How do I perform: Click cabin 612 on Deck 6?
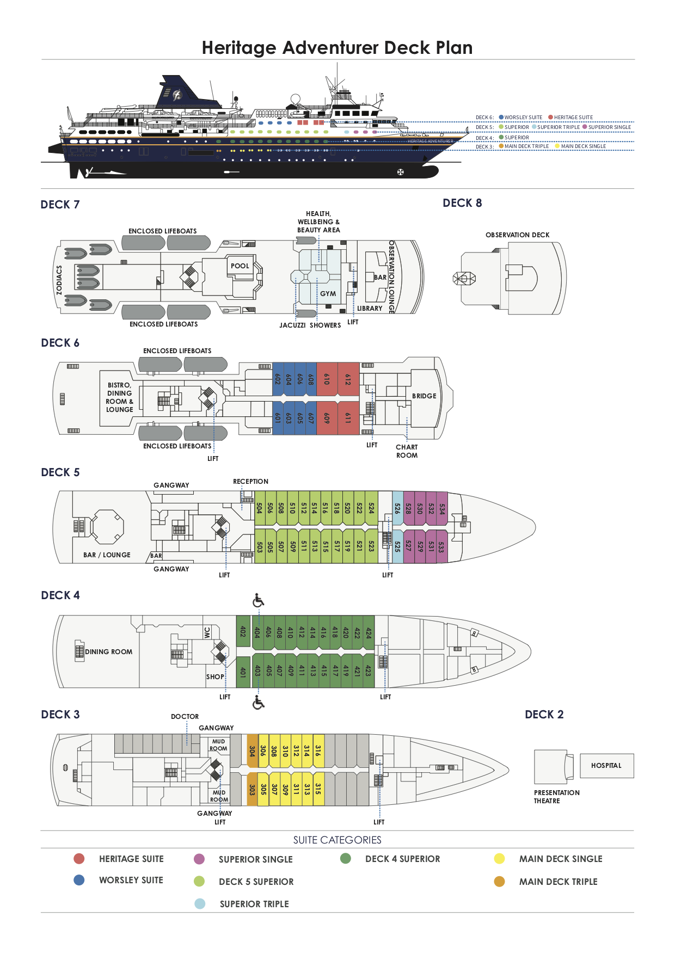348,379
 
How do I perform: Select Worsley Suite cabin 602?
278,379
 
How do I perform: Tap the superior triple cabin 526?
397,508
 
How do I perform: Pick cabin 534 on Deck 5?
442,508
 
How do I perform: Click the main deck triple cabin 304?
252,750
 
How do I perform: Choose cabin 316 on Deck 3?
318,750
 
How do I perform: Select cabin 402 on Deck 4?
243,631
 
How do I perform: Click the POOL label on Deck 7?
240,266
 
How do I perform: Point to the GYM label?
328,294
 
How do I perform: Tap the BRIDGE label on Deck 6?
424,396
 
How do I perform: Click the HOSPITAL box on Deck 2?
606,766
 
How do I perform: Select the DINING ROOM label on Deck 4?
108,652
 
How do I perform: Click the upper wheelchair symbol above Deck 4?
259,600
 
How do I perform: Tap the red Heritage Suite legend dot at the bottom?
79,859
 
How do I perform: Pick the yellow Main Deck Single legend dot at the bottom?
499,859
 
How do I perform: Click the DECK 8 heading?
462,203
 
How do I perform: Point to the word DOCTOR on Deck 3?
185,717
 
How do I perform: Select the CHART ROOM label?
407,451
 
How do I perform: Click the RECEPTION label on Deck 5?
250,482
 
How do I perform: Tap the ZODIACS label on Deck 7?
59,280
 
